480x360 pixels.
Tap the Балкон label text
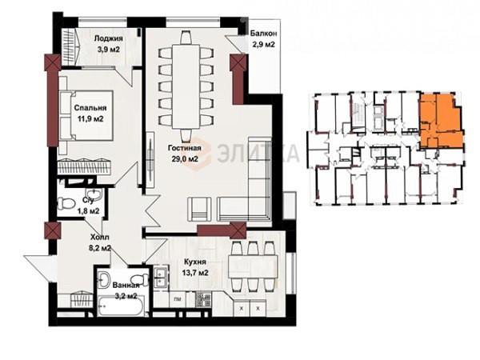click(x=263, y=33)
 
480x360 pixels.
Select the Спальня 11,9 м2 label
click(x=90, y=114)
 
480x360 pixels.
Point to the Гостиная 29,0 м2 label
click(x=185, y=154)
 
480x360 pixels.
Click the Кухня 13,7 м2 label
click(x=196, y=267)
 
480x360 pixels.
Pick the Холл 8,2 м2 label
click(x=100, y=242)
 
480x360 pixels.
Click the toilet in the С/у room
click(x=66, y=203)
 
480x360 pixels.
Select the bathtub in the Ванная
click(x=121, y=307)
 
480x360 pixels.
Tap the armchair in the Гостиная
click(x=199, y=209)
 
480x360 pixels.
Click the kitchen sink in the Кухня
click(x=161, y=278)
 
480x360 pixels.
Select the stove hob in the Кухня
click(x=203, y=299)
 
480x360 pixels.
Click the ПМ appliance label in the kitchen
click(x=177, y=299)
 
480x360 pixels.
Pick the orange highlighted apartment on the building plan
click(x=440, y=120)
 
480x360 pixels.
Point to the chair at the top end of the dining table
click(x=186, y=38)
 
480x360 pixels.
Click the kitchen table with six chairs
click(x=253, y=266)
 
